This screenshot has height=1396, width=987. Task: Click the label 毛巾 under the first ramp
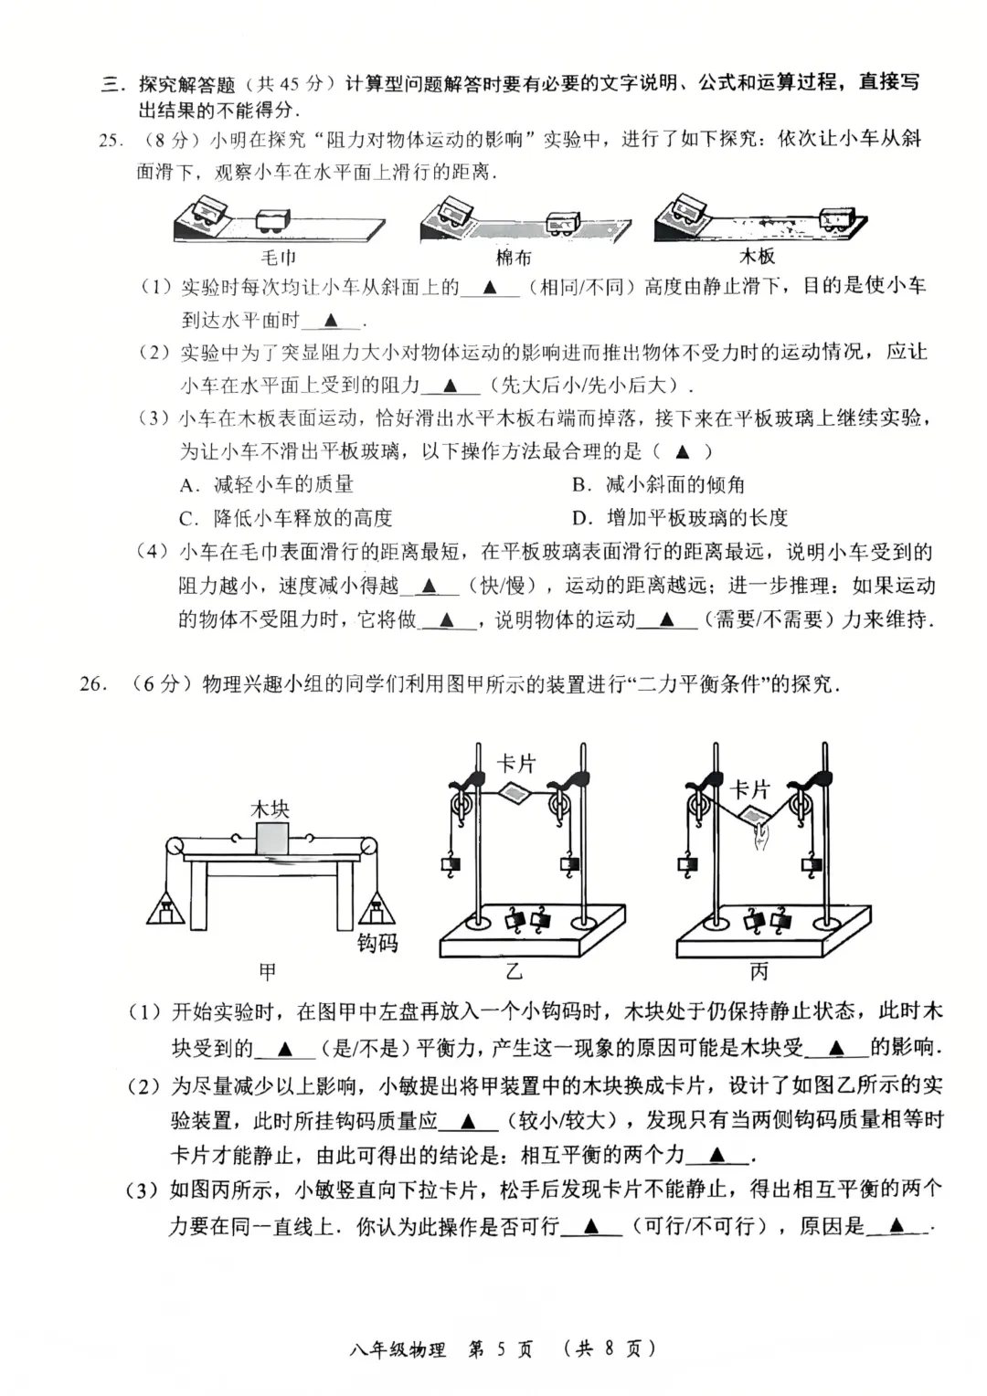coord(279,258)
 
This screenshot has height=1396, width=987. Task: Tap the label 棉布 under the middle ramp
coord(514,258)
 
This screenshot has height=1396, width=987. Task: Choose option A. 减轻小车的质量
coord(267,484)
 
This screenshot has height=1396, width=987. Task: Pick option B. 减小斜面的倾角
coord(658,484)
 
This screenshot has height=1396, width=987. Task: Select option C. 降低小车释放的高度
coord(286,518)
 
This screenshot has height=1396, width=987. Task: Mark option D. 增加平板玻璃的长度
coord(680,518)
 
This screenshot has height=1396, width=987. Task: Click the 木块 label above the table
coord(270,809)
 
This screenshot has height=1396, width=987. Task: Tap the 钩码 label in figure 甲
coord(377,943)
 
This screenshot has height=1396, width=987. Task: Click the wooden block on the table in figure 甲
coord(271,840)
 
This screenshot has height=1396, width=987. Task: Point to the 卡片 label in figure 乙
coord(516,763)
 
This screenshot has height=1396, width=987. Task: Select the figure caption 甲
coord(267,971)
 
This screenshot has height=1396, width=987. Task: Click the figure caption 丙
coord(759,971)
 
